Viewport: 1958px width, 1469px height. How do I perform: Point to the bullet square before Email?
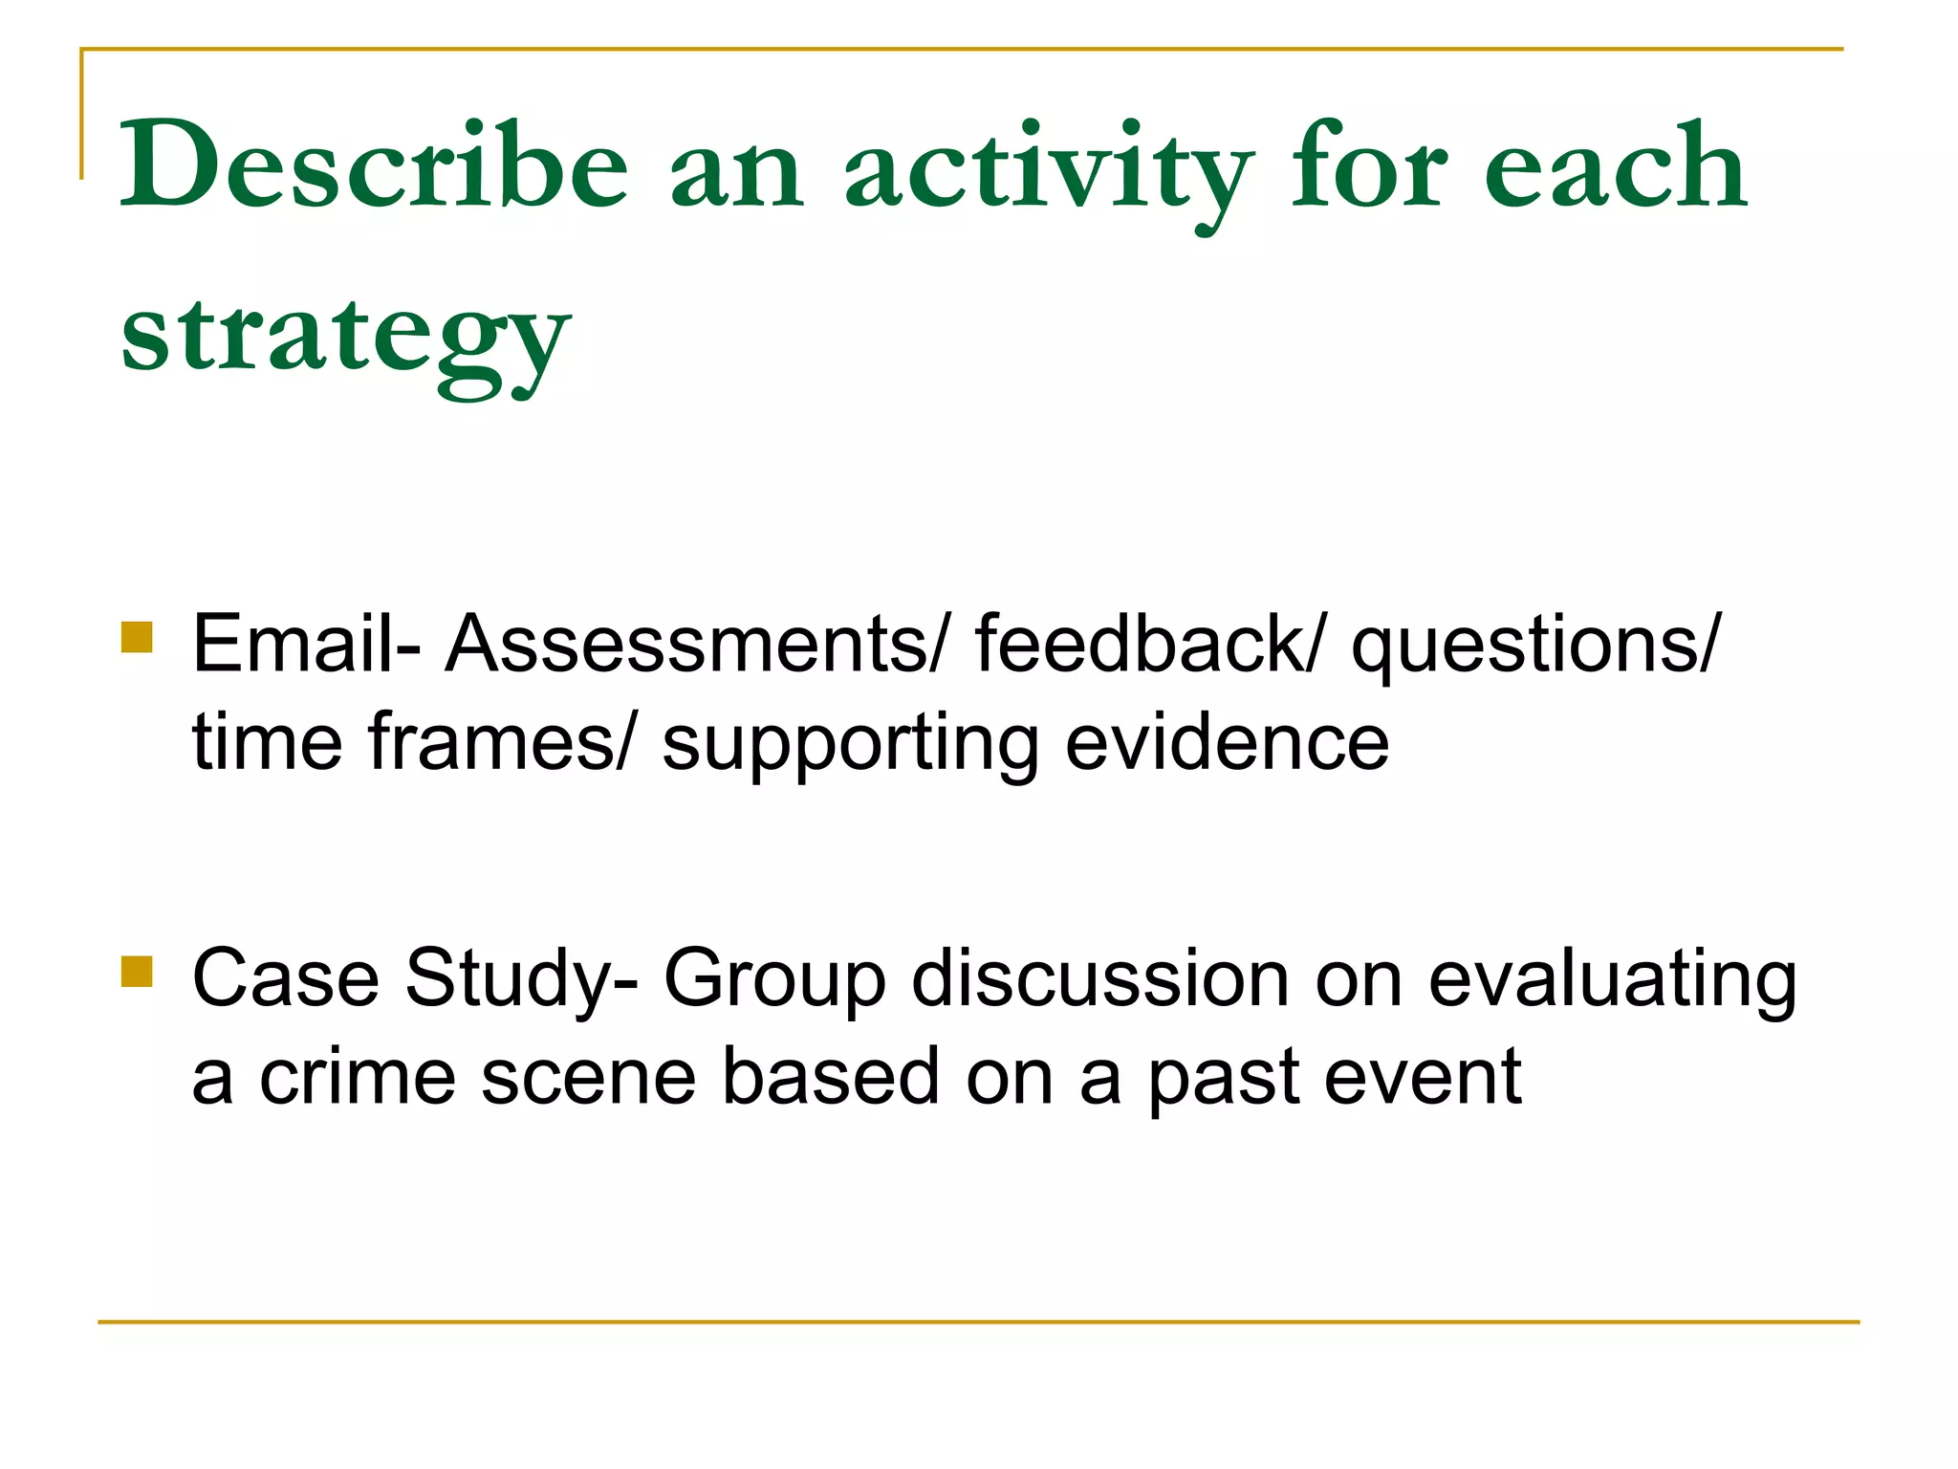click(x=137, y=637)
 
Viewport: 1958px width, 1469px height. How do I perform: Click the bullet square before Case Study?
click(x=137, y=971)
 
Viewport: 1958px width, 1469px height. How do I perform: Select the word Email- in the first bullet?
click(x=306, y=644)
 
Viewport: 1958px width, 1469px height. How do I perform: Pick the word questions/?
click(x=1534, y=646)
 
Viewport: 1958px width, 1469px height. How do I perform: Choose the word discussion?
click(x=1099, y=977)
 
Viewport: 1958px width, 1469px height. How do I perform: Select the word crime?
click(x=357, y=1076)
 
